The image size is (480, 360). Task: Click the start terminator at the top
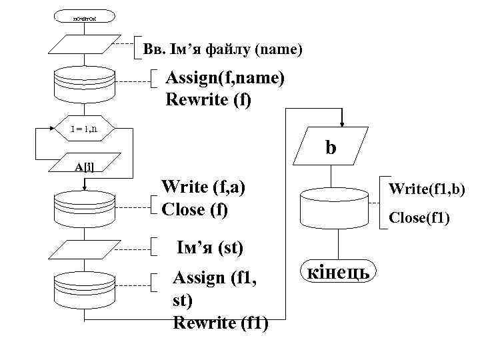point(84,15)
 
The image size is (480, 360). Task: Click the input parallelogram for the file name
point(84,46)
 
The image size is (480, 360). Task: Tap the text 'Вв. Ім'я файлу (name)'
point(223,49)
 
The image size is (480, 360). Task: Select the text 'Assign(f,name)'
point(225,79)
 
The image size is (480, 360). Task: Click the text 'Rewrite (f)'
point(209,101)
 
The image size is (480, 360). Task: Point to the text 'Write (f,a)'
point(204,187)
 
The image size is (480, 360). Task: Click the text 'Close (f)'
point(195,209)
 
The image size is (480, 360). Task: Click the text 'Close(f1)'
point(419,217)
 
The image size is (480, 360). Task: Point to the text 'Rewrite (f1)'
point(221,323)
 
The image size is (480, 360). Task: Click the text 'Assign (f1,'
point(213,278)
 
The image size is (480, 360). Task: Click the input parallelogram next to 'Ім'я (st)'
point(84,249)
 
